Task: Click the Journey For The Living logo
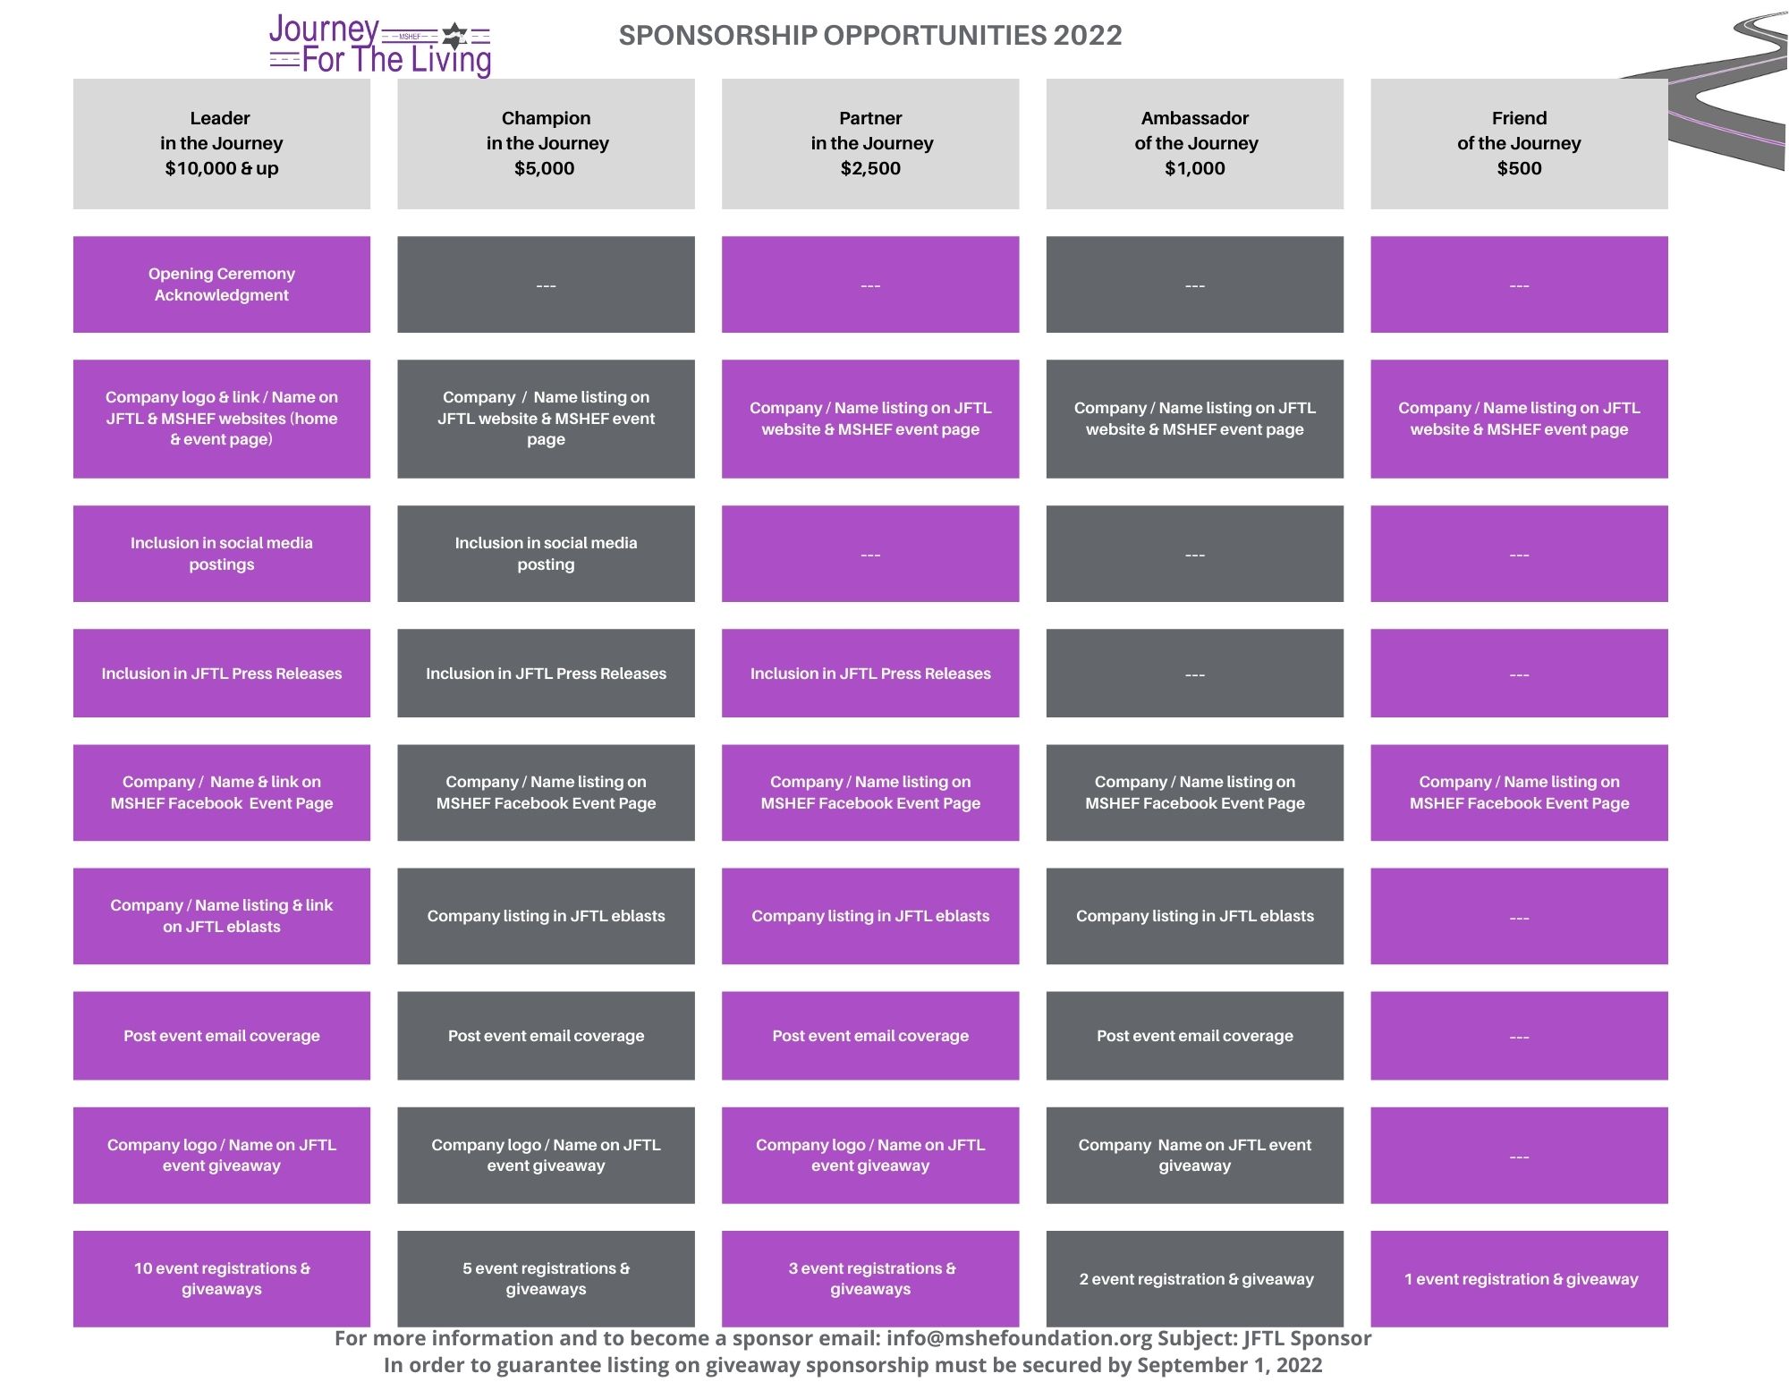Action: click(x=380, y=46)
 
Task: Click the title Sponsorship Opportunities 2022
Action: click(x=870, y=36)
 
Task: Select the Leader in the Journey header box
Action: click(x=222, y=144)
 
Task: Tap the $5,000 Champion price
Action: click(x=545, y=168)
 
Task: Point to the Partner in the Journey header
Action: click(x=870, y=144)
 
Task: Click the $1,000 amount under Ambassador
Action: click(x=1195, y=168)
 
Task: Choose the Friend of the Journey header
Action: click(x=1519, y=144)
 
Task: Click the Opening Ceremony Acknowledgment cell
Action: click(x=222, y=284)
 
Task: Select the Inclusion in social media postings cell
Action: click(x=222, y=554)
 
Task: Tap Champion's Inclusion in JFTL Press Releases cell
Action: click(x=546, y=674)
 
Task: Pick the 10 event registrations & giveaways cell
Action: click(x=222, y=1278)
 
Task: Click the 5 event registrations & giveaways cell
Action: click(x=546, y=1278)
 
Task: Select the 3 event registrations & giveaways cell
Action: click(x=870, y=1278)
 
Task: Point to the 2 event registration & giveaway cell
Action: click(x=1195, y=1278)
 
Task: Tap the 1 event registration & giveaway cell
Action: click(x=1519, y=1278)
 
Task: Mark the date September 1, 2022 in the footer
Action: click(x=1229, y=1365)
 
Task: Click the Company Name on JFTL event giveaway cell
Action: click(x=1195, y=1156)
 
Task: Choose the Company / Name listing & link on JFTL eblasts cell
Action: click(x=222, y=916)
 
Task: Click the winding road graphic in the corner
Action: click(x=1717, y=89)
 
